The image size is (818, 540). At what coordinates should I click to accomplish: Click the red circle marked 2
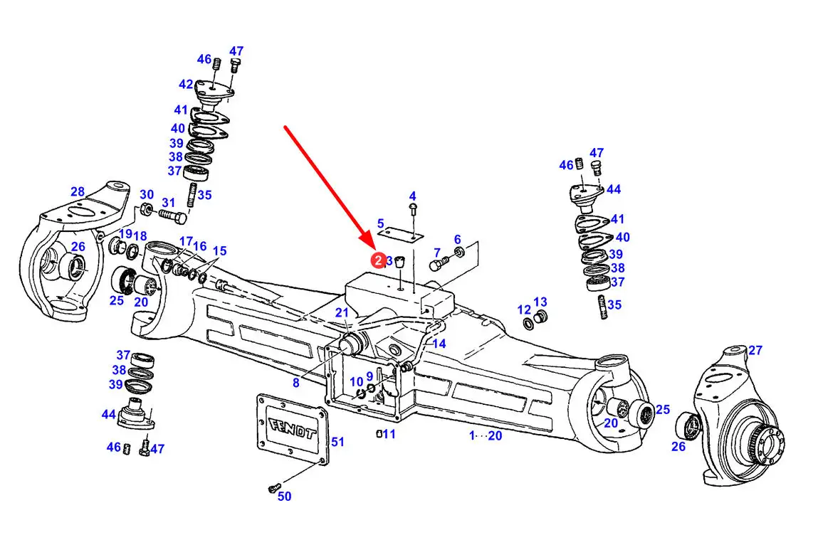click(x=378, y=260)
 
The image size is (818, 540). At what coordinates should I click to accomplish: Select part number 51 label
click(x=337, y=442)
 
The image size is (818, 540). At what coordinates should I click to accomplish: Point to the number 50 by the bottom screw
click(x=284, y=496)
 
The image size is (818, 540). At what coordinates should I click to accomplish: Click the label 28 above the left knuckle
click(x=78, y=191)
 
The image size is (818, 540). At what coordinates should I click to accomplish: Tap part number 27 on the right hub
click(x=755, y=350)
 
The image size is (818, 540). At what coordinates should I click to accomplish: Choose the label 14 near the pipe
click(x=439, y=344)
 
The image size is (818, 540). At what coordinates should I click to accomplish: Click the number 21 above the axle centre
click(x=342, y=313)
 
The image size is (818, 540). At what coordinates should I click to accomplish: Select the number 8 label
click(x=295, y=383)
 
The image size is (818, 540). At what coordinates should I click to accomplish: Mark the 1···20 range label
click(x=485, y=435)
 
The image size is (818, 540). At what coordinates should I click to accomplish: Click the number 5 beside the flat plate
click(x=381, y=223)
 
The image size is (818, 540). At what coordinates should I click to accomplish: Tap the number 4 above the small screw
click(x=413, y=196)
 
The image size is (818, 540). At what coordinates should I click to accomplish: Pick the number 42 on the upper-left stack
click(x=187, y=84)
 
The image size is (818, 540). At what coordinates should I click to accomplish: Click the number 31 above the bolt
click(x=168, y=202)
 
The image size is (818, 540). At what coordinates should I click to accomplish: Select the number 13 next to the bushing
click(x=540, y=302)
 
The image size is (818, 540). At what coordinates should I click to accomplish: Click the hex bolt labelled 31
click(x=173, y=216)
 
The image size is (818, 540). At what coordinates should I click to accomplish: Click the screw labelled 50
click(x=273, y=488)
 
